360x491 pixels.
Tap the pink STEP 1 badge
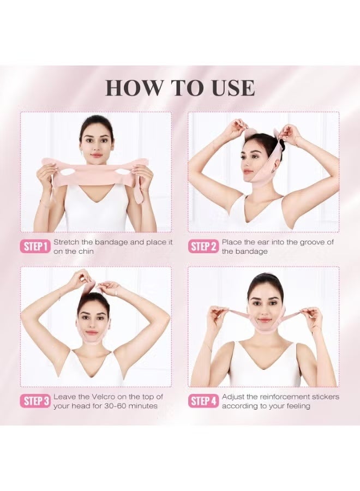click(36, 247)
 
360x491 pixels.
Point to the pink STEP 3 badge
click(36, 402)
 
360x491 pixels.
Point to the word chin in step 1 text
click(85, 252)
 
